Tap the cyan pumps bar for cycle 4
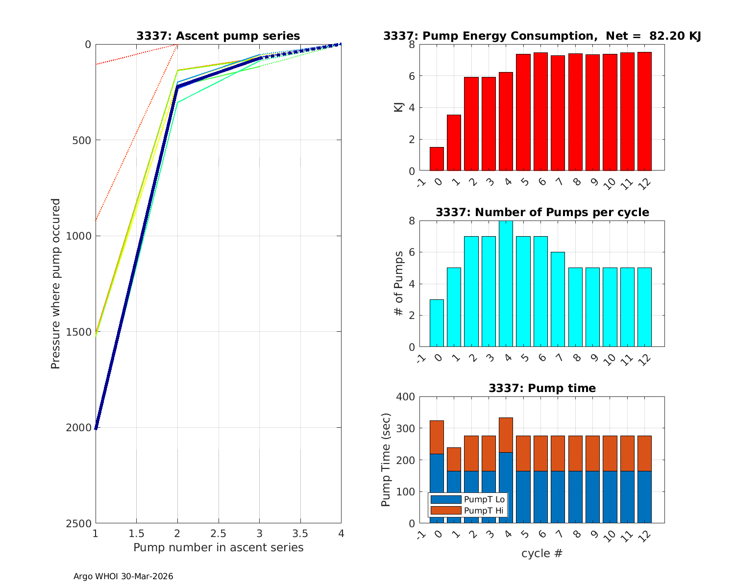point(506,284)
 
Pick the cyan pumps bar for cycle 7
point(558,299)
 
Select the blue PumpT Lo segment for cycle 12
point(644,497)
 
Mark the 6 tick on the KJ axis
point(411,76)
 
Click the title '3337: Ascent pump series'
point(218,36)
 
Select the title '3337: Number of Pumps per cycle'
point(542,212)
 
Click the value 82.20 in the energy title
point(665,36)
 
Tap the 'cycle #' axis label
point(542,553)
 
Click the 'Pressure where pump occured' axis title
point(55,284)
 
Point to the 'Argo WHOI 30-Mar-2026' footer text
point(123,576)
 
